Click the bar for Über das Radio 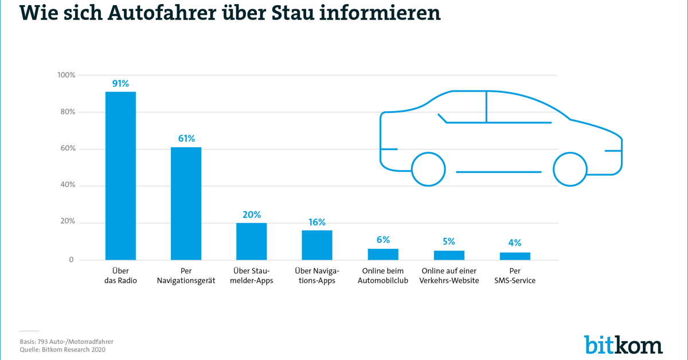(x=120, y=175)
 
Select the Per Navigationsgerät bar (x=186, y=204)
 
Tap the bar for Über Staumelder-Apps (x=252, y=241)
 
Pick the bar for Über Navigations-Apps (x=317, y=245)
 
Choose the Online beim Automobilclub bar (x=383, y=255)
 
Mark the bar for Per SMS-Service (x=515, y=256)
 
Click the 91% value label (x=120, y=84)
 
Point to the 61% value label (x=186, y=139)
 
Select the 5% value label (x=448, y=242)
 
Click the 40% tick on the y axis (x=68, y=186)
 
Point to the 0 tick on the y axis (x=72, y=260)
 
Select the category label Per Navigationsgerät (x=186, y=276)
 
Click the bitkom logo (x=623, y=344)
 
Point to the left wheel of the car (x=428, y=169)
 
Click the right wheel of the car (x=570, y=169)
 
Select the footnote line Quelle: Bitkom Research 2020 (x=62, y=349)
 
